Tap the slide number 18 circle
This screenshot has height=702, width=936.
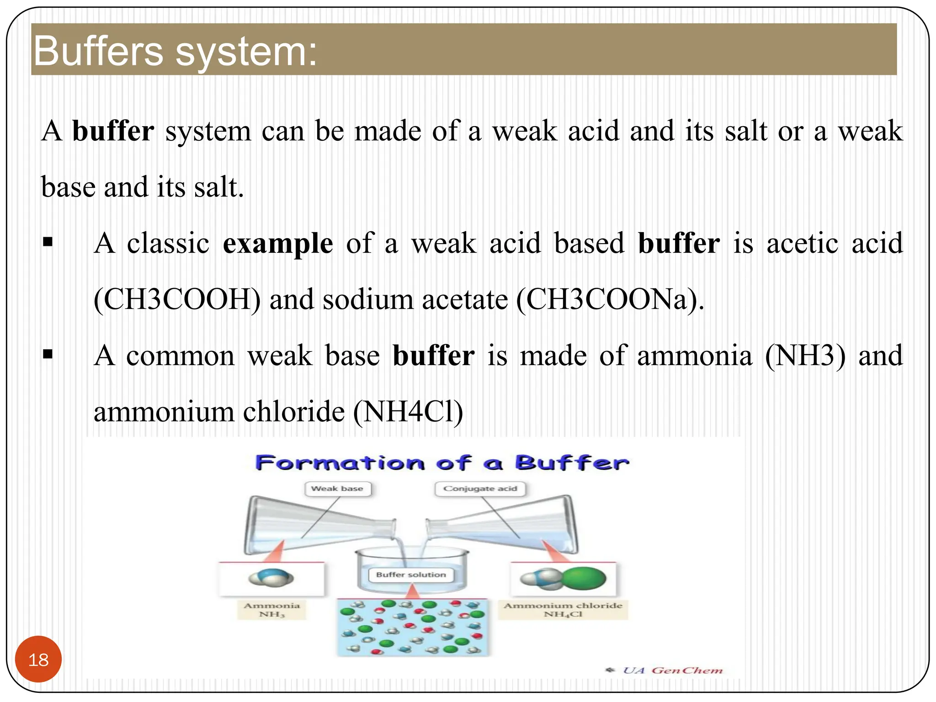(38, 659)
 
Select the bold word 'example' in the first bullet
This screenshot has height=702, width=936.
(277, 243)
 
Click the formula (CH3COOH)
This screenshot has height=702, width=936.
(177, 300)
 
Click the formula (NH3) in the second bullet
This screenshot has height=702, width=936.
(805, 356)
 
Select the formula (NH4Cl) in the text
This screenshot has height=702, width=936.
(408, 412)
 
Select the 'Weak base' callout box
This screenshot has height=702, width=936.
(337, 489)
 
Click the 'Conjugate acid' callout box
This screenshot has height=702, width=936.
(480, 489)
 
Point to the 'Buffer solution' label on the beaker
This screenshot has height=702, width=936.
(411, 574)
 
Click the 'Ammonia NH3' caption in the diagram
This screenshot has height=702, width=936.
(272, 610)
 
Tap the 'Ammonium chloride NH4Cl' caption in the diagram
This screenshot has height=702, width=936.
(563, 610)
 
